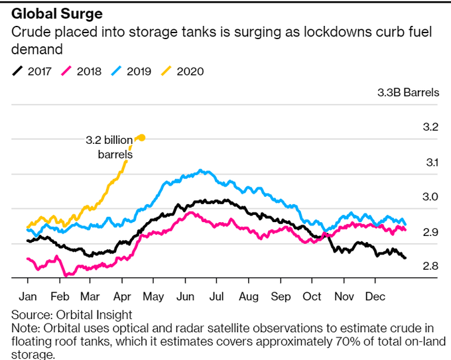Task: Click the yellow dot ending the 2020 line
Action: point(141,138)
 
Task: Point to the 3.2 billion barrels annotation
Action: point(109,147)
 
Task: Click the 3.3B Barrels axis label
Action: point(407,92)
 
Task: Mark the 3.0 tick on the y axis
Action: point(430,197)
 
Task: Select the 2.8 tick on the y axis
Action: point(430,267)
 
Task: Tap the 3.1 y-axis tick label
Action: point(430,162)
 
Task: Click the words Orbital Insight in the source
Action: point(84,314)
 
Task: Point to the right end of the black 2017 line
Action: point(405,257)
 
